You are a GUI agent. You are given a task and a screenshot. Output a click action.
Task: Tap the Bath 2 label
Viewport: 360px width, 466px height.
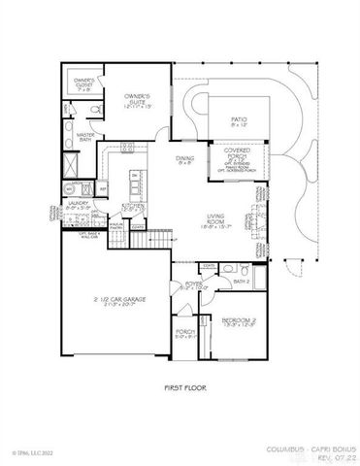click(243, 282)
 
